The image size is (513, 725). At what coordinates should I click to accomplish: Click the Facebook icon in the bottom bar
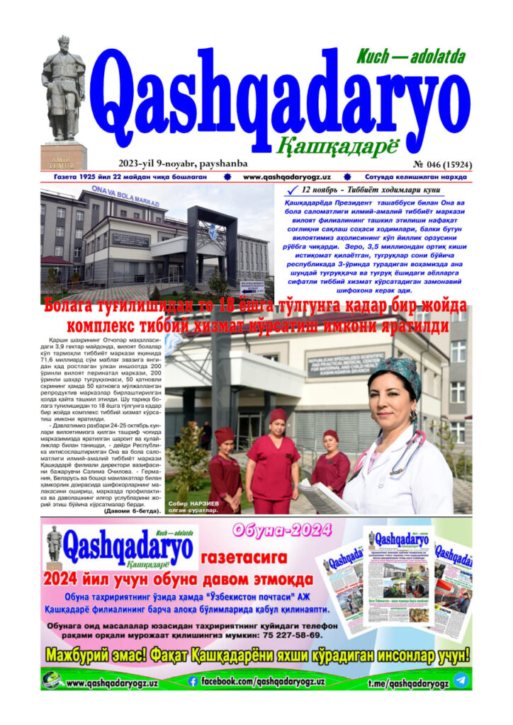click(192, 681)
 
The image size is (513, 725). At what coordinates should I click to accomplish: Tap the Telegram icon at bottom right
click(461, 680)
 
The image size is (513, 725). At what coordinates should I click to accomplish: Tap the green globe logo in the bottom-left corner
click(52, 681)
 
